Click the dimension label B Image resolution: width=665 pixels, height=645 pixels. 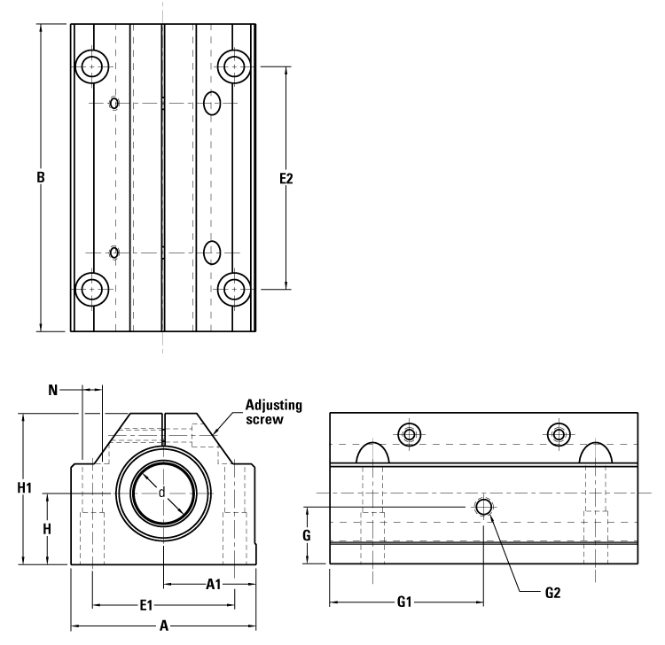tap(41, 177)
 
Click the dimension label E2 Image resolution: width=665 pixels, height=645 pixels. tap(286, 178)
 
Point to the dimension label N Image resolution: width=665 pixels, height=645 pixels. tap(53, 389)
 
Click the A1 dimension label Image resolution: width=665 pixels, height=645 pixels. tap(214, 585)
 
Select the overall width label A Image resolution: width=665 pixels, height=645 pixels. tap(163, 626)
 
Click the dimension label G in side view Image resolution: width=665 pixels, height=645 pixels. tap(306, 535)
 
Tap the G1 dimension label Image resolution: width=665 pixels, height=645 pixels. tap(404, 603)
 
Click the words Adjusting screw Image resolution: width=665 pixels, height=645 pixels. tap(274, 412)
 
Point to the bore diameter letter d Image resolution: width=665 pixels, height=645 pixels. tap(161, 493)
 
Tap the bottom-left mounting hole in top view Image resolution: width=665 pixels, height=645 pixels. tap(91, 288)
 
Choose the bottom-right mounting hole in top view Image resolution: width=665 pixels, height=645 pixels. tap(233, 288)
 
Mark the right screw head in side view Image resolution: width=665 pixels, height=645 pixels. tap(558, 433)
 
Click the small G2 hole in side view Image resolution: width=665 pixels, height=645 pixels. tap(483, 506)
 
